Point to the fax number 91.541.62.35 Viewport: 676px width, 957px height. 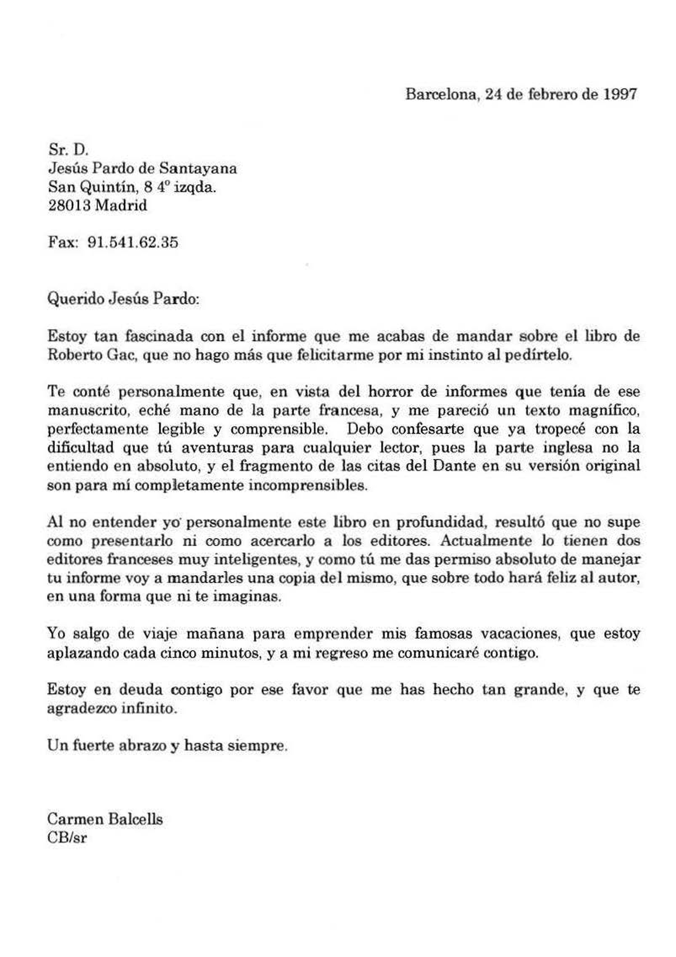(133, 243)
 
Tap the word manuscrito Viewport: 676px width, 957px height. (87, 411)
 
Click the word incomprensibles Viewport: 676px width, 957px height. (308, 485)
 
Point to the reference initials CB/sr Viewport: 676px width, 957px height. (67, 838)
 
